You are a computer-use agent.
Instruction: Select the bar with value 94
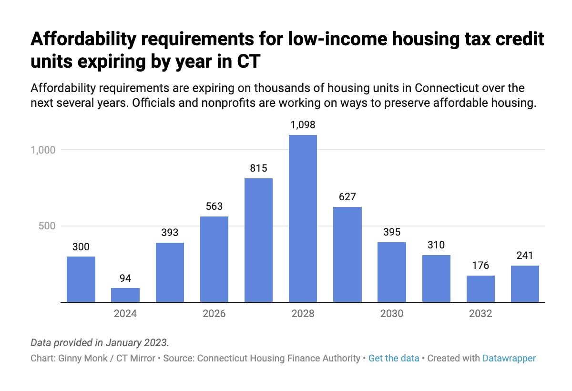pos(125,295)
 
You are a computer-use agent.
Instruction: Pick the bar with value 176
pos(480,288)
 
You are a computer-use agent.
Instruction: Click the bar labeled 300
pos(81,279)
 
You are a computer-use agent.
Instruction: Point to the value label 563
pos(214,206)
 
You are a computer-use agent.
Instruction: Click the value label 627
pos(347,196)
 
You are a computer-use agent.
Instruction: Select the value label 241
pos(525,256)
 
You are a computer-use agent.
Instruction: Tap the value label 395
pos(392,232)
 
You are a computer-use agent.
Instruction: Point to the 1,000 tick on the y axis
pos(43,150)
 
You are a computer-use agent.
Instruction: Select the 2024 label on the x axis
pos(125,314)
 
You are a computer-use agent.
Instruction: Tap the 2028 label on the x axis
pos(303,314)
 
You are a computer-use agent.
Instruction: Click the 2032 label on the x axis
pos(480,314)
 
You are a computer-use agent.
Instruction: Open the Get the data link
pos(394,358)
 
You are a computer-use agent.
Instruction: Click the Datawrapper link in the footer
pos(509,358)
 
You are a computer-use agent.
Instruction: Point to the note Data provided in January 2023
pos(99,342)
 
